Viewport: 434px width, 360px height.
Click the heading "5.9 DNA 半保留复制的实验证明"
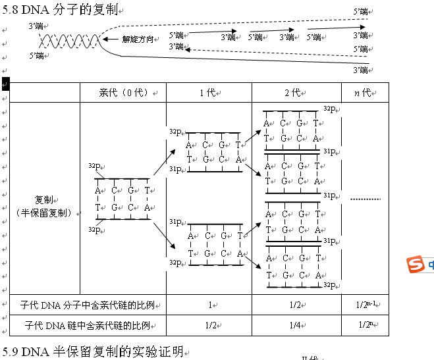[x=92, y=352]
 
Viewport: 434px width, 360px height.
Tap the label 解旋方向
[x=138, y=39]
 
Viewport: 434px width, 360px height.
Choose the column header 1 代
[x=208, y=93]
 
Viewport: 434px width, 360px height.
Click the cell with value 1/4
[x=296, y=325]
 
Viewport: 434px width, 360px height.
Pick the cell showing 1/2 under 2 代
[x=296, y=305]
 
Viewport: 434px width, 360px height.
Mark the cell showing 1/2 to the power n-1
[x=365, y=305]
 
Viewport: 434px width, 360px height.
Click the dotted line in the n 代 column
[x=365, y=199]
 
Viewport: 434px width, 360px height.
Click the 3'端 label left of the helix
[x=36, y=26]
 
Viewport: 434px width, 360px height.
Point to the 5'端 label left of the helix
[x=37, y=57]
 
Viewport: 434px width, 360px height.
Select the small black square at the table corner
[x=5, y=83]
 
